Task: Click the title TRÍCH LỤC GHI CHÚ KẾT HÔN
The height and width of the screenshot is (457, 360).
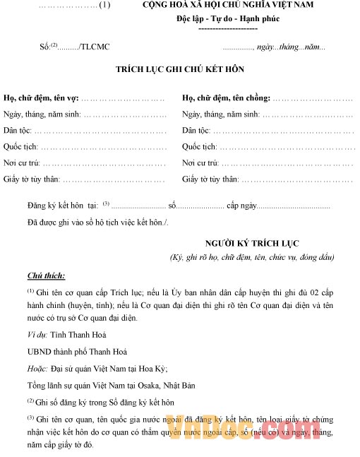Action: [180, 70]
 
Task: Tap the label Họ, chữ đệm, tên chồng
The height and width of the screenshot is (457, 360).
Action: [226, 97]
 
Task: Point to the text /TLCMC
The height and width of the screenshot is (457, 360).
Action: [95, 47]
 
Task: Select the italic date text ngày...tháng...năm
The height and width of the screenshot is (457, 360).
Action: [290, 47]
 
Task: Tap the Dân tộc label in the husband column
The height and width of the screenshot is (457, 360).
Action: [196, 130]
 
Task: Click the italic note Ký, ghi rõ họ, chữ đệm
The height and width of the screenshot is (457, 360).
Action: [251, 257]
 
